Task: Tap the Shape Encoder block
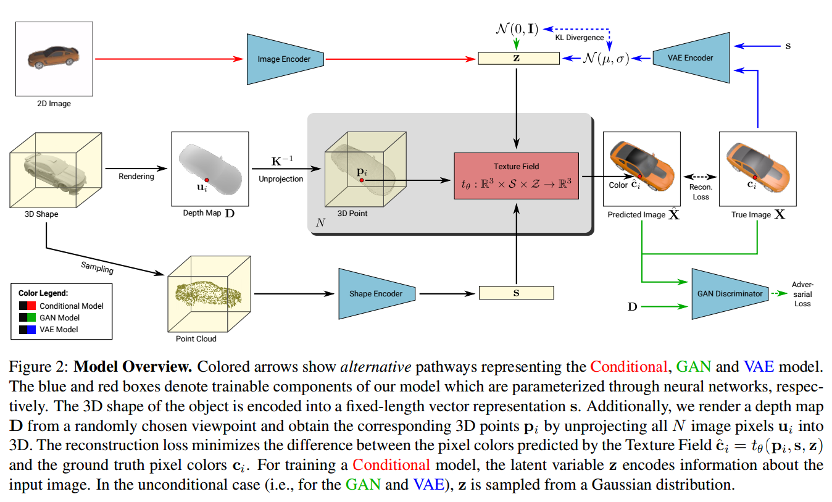[x=375, y=294]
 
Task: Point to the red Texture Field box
[x=516, y=175]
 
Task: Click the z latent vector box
[x=518, y=59]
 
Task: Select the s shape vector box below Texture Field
[x=516, y=293]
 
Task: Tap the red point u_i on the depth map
[x=207, y=180]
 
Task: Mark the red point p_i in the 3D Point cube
[x=362, y=180]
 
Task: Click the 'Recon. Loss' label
[x=701, y=192]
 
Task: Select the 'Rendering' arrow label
[x=136, y=177]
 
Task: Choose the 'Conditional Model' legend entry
[x=71, y=306]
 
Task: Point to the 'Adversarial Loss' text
[x=802, y=294]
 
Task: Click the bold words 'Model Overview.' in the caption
[x=131, y=367]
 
